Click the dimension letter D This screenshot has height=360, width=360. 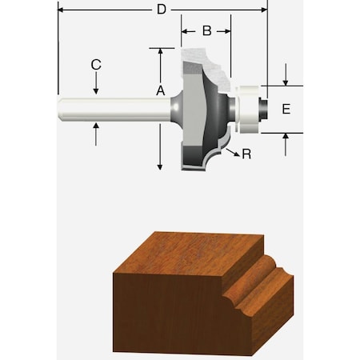(161, 10)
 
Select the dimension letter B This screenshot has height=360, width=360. (206, 31)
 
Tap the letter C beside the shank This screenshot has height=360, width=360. (95, 64)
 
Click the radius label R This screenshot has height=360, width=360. (246, 154)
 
